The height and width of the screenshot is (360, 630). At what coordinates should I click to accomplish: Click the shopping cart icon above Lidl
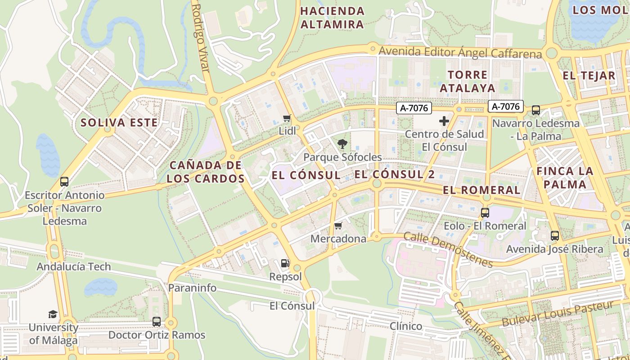(287, 118)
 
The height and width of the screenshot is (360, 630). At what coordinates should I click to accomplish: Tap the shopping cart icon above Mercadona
(338, 225)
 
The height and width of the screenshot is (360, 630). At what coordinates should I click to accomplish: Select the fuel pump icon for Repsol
(285, 263)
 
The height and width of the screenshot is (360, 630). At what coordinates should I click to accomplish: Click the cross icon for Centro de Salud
(444, 121)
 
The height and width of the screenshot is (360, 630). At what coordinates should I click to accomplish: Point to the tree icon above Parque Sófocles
(342, 144)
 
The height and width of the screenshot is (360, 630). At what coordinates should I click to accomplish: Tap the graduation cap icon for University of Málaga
(53, 314)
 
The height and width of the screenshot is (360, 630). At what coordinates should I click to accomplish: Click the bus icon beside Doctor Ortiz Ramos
(157, 322)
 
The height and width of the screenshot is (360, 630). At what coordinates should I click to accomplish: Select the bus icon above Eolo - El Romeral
(485, 213)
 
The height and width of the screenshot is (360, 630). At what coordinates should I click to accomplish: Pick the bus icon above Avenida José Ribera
(555, 236)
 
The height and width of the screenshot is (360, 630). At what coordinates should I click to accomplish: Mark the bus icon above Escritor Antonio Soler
(64, 182)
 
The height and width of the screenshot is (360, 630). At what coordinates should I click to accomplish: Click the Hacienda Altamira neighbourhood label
(332, 18)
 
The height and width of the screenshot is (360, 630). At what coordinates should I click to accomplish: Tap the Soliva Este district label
(119, 122)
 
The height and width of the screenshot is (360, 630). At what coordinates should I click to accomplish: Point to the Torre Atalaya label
(468, 81)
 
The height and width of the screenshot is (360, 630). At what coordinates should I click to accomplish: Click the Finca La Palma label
(565, 178)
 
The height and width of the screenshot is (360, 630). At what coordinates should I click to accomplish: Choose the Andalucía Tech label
(73, 266)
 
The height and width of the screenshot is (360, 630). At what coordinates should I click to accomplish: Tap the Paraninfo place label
(192, 288)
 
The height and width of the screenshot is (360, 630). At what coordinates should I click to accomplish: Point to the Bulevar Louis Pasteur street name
(558, 314)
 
